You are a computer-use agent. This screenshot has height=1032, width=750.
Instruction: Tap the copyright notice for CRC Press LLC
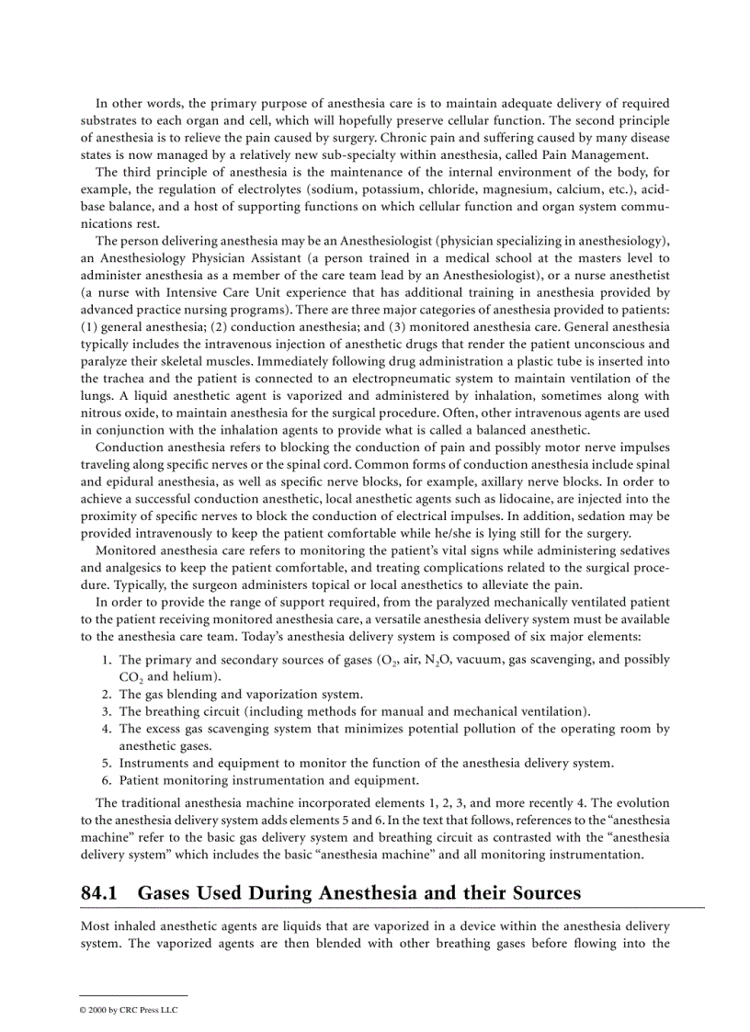(x=129, y=1009)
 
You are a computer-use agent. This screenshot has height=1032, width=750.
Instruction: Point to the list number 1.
(x=107, y=660)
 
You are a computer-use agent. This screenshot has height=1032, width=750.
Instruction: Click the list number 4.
(x=107, y=729)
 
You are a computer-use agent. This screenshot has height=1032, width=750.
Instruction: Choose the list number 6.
(x=107, y=780)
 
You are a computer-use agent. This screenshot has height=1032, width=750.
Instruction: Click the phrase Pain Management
(x=602, y=154)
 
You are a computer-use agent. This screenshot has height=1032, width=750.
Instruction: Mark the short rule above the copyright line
(x=133, y=995)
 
